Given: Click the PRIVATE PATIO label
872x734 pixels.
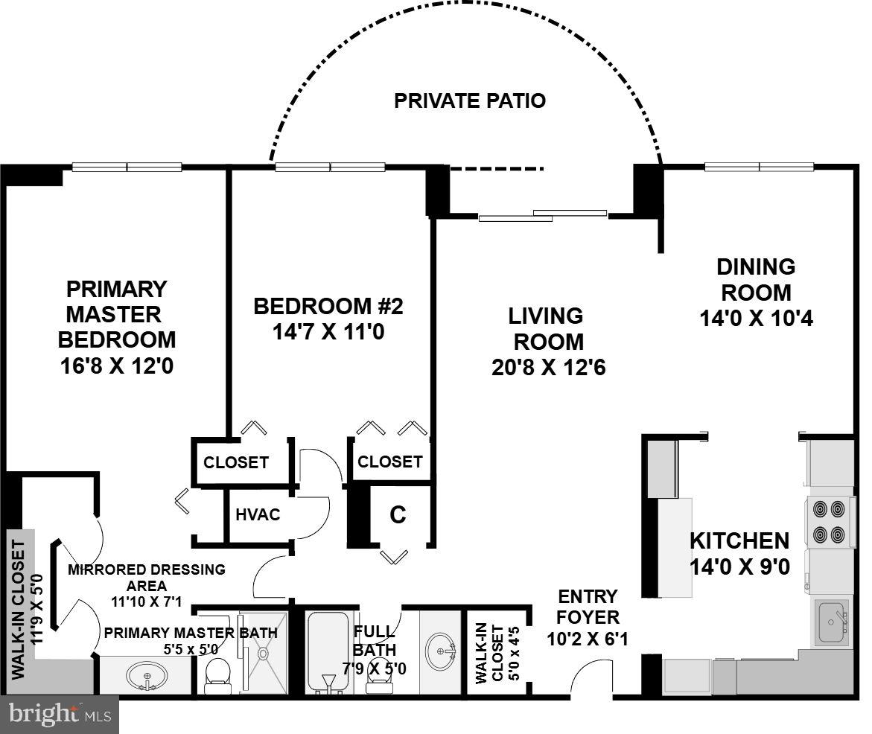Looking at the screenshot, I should click(x=469, y=100).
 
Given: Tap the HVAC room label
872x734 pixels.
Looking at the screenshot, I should click(x=258, y=514).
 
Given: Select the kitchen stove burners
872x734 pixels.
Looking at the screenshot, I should click(x=829, y=522).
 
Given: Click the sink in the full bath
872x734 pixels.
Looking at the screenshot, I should click(x=441, y=651).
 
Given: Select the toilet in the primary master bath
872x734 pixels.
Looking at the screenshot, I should click(x=217, y=672).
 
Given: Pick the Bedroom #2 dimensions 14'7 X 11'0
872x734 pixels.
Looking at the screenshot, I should click(x=328, y=331).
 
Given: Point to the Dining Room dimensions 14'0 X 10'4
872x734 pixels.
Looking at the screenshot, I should click(x=756, y=319).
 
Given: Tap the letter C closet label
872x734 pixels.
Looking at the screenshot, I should click(x=398, y=514).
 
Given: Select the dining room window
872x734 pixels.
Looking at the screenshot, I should click(x=759, y=167).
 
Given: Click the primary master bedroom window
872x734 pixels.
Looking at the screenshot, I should click(x=127, y=167).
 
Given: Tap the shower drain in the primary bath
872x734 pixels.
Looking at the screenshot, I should click(x=263, y=653).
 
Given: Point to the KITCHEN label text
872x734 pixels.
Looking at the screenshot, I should click(x=739, y=541).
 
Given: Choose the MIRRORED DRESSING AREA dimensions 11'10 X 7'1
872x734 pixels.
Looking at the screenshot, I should click(x=146, y=601).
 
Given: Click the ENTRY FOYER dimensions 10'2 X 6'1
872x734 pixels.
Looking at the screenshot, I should click(x=588, y=638).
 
